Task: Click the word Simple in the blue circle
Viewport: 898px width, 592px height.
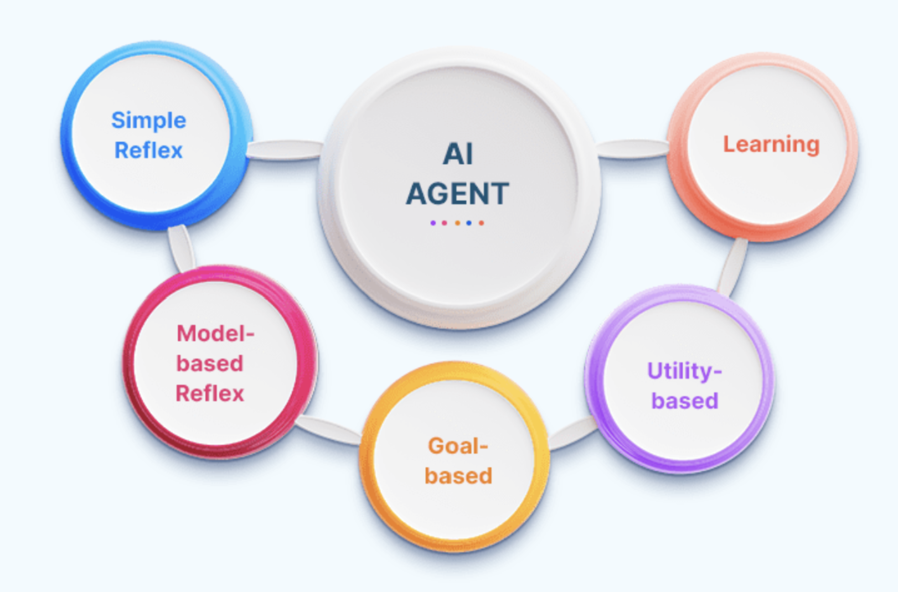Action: pos(148,121)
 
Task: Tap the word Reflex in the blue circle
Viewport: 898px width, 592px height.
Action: pos(148,150)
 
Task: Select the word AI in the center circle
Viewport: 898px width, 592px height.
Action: pos(458,154)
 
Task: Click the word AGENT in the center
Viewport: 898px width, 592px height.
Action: pos(457,194)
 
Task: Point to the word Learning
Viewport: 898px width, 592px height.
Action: pos(771,144)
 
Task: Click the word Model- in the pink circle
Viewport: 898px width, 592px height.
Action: pos(215,334)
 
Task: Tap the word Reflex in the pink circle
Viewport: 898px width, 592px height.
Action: pos(210,393)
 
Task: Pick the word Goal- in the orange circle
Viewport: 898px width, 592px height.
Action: pos(457,446)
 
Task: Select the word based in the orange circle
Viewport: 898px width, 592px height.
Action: pos(458,476)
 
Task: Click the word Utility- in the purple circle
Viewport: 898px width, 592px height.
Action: pos(684,371)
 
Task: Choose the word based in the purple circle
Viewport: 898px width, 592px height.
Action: pos(684,401)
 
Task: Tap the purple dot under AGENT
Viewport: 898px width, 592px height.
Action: pos(433,223)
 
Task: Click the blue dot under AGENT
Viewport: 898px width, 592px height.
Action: pos(469,223)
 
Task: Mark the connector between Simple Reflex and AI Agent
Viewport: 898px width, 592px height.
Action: pos(285,150)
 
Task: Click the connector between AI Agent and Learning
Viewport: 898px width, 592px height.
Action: pos(633,149)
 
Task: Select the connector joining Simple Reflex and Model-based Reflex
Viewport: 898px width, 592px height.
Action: pos(180,247)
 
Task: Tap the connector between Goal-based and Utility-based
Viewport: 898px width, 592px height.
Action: pos(572,433)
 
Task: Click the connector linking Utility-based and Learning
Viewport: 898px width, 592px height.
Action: pos(732,266)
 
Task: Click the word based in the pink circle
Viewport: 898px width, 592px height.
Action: pos(210,363)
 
